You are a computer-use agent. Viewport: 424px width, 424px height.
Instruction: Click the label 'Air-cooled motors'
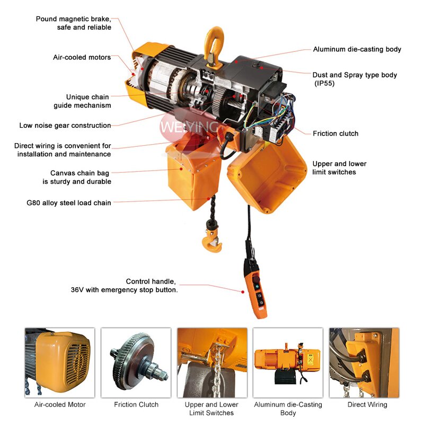[82, 57]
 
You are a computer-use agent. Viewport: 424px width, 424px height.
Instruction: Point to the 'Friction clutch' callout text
[335, 134]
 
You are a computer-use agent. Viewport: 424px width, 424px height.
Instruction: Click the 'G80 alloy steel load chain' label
[69, 202]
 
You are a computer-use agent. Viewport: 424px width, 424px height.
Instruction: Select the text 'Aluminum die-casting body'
[357, 49]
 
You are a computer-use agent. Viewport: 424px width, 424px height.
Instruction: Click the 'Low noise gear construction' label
[65, 126]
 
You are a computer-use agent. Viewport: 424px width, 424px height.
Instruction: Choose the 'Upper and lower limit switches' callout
[339, 168]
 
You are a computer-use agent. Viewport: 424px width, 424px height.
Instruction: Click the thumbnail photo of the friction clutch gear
[136, 363]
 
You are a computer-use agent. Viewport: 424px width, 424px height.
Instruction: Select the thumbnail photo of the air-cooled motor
[59, 363]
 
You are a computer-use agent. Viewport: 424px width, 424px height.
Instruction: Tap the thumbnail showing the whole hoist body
[288, 363]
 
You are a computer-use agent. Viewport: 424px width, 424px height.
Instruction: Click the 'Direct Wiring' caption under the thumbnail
[367, 404]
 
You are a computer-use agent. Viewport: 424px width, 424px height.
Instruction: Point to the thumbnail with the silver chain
[212, 363]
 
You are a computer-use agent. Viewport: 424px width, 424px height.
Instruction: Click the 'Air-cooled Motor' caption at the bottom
[60, 404]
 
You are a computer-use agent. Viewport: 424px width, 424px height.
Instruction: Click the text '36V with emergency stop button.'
[125, 290]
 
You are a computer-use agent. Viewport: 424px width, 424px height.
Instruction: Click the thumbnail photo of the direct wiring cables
[364, 363]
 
